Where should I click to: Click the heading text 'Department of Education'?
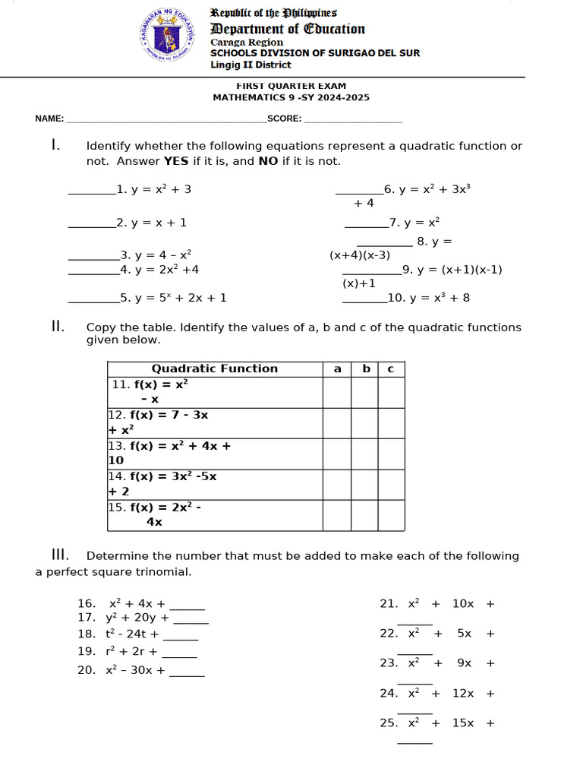(x=288, y=29)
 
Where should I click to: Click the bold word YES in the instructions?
(x=177, y=161)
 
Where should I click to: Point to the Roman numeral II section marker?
(x=57, y=327)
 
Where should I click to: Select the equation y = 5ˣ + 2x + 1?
(x=179, y=298)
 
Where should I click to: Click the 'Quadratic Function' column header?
(x=215, y=368)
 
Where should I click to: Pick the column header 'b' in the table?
(x=366, y=368)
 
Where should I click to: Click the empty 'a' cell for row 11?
(x=336, y=392)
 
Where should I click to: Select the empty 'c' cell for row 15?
(x=391, y=515)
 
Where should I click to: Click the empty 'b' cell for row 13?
(x=364, y=454)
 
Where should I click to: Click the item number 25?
(x=389, y=723)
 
